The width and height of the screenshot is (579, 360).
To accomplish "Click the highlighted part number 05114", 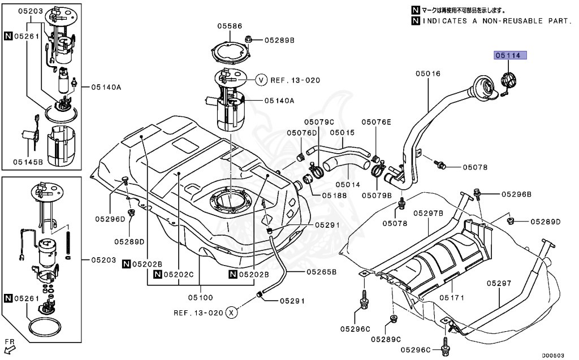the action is click(x=511, y=55).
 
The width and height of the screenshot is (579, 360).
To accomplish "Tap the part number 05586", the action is click(x=230, y=26).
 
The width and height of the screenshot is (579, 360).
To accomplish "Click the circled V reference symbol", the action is click(x=261, y=80).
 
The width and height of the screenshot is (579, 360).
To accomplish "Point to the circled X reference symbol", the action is click(x=231, y=313).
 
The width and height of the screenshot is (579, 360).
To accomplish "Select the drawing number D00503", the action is click(x=553, y=355).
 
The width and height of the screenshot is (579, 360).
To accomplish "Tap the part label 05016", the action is click(x=428, y=73).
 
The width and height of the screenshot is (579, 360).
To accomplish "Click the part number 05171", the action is click(x=452, y=297).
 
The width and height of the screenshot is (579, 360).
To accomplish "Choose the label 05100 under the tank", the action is click(x=201, y=297).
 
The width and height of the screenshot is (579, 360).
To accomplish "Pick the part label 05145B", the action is click(x=28, y=162).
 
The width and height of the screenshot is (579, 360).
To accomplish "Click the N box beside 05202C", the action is click(x=158, y=274).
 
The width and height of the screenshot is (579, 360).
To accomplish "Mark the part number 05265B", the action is click(x=322, y=272).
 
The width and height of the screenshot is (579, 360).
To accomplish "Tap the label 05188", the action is click(x=335, y=196).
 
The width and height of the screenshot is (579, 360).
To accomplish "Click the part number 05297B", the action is click(x=429, y=213).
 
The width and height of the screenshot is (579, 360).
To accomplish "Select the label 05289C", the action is click(x=386, y=339).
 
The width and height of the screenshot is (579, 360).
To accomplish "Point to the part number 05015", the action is click(x=342, y=132).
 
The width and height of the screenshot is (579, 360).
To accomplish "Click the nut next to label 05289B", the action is click(x=249, y=39).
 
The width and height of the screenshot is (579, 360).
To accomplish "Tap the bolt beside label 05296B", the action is click(x=477, y=193).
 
